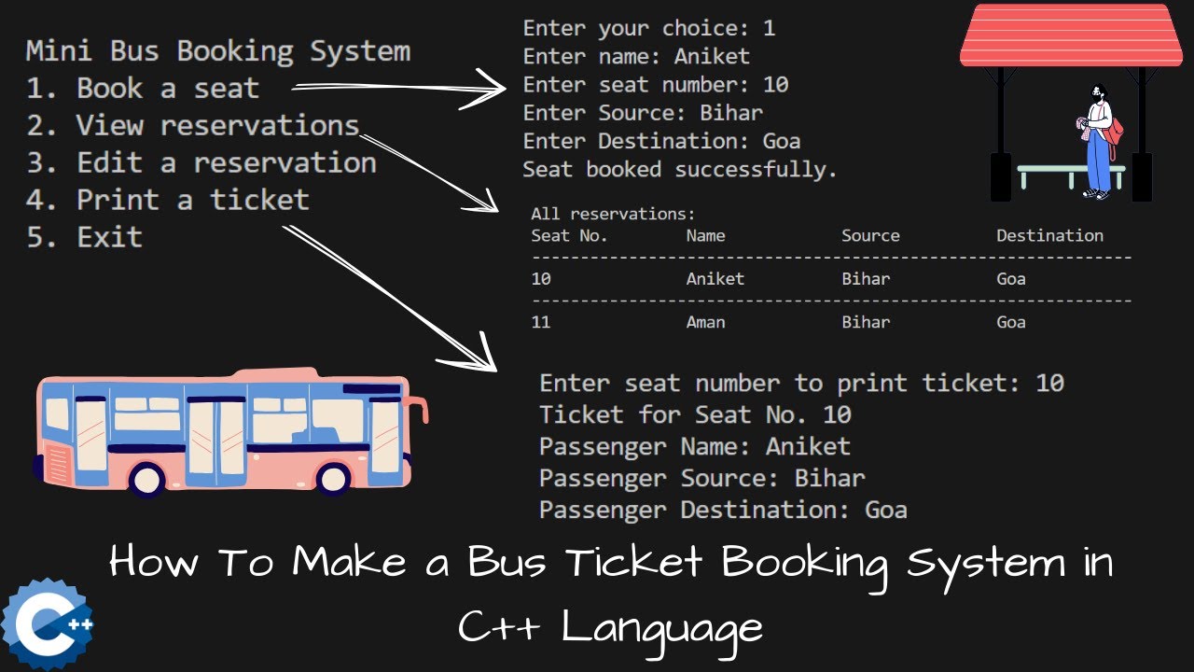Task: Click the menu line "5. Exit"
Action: [x=84, y=237]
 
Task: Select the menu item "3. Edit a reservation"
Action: [x=201, y=162]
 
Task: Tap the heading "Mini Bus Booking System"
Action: [x=217, y=50]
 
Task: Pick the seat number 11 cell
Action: [x=541, y=322]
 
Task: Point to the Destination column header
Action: [x=1049, y=236]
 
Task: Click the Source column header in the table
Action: [x=870, y=236]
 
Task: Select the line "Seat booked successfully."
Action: [x=679, y=170]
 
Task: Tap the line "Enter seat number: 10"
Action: [x=655, y=85]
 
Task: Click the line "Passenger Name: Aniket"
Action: [x=694, y=446]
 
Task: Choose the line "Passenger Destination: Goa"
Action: [x=723, y=510]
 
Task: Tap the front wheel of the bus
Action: [x=333, y=478]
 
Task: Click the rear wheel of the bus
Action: [x=146, y=478]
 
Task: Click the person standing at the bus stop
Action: [x=1100, y=140]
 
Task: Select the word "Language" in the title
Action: [x=661, y=626]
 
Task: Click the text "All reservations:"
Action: [x=613, y=214]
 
